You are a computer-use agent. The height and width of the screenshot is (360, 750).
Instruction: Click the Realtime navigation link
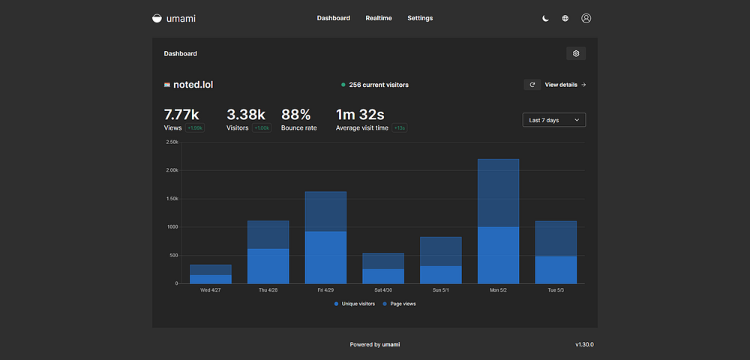point(379,18)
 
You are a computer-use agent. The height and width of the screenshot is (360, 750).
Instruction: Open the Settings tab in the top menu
point(420,18)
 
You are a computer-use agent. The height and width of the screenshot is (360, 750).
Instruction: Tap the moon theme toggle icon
point(546,18)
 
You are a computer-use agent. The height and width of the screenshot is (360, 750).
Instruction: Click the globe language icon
point(565,18)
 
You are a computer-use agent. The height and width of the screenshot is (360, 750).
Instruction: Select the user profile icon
point(586,18)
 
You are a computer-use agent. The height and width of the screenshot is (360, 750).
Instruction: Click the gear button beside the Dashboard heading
point(576,53)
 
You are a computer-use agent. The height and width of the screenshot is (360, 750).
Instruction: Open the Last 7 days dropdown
point(553,120)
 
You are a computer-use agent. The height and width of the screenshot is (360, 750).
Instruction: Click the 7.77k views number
point(181,114)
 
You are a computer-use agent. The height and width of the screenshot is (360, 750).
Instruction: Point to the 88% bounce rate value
point(295,114)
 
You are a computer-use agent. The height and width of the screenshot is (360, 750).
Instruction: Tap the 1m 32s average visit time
point(359,114)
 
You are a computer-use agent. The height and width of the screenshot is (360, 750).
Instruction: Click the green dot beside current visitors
point(343,85)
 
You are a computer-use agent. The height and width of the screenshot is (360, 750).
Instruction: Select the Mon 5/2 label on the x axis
point(498,289)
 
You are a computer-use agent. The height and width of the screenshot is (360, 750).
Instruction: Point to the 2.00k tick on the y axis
point(172,170)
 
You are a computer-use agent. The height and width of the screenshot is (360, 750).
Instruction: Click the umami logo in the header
point(173,18)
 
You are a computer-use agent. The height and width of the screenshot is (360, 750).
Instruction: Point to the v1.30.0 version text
point(584,344)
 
